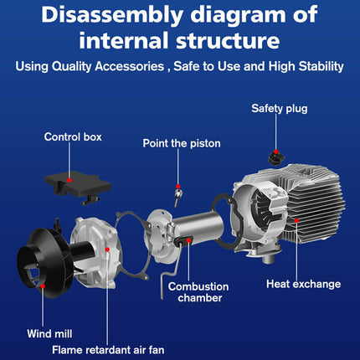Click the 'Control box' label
(x=73, y=137)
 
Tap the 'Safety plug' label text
(x=280, y=109)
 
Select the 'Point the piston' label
(x=182, y=143)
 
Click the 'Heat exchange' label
(x=303, y=284)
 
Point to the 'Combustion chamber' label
(x=198, y=292)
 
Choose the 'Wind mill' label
(x=49, y=334)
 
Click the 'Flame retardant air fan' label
(x=108, y=350)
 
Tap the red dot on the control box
(x=69, y=180)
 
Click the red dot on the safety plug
(x=276, y=152)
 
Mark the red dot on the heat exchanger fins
(x=296, y=220)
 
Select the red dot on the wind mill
(x=43, y=286)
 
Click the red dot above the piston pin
(x=178, y=187)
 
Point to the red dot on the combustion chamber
(x=188, y=240)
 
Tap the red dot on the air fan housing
(x=107, y=249)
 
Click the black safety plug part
(x=275, y=157)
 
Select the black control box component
(x=78, y=187)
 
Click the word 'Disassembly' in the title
(x=112, y=15)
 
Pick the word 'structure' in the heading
(x=228, y=40)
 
